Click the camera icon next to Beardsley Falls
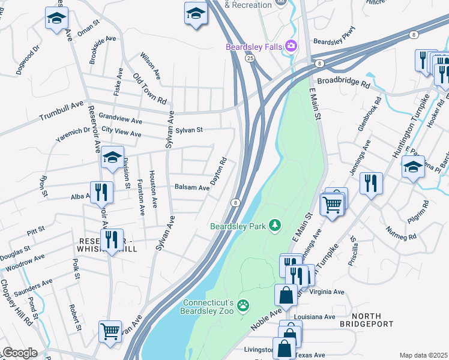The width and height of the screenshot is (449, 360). point(292,46)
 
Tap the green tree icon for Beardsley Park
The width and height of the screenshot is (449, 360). point(275,226)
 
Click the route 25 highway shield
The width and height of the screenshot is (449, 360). point(249,57)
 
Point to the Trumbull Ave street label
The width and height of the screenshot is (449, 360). point(62,110)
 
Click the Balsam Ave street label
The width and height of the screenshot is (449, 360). point(191,188)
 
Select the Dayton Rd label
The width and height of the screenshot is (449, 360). point(218,171)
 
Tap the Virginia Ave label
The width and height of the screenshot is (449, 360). point(327,292)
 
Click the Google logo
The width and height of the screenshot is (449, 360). point(20,352)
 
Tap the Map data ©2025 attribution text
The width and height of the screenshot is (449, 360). point(423,355)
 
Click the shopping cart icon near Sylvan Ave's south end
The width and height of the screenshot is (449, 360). point(110,331)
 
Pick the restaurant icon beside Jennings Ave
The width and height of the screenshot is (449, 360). point(372,183)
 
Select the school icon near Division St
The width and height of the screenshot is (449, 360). point(112,158)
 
